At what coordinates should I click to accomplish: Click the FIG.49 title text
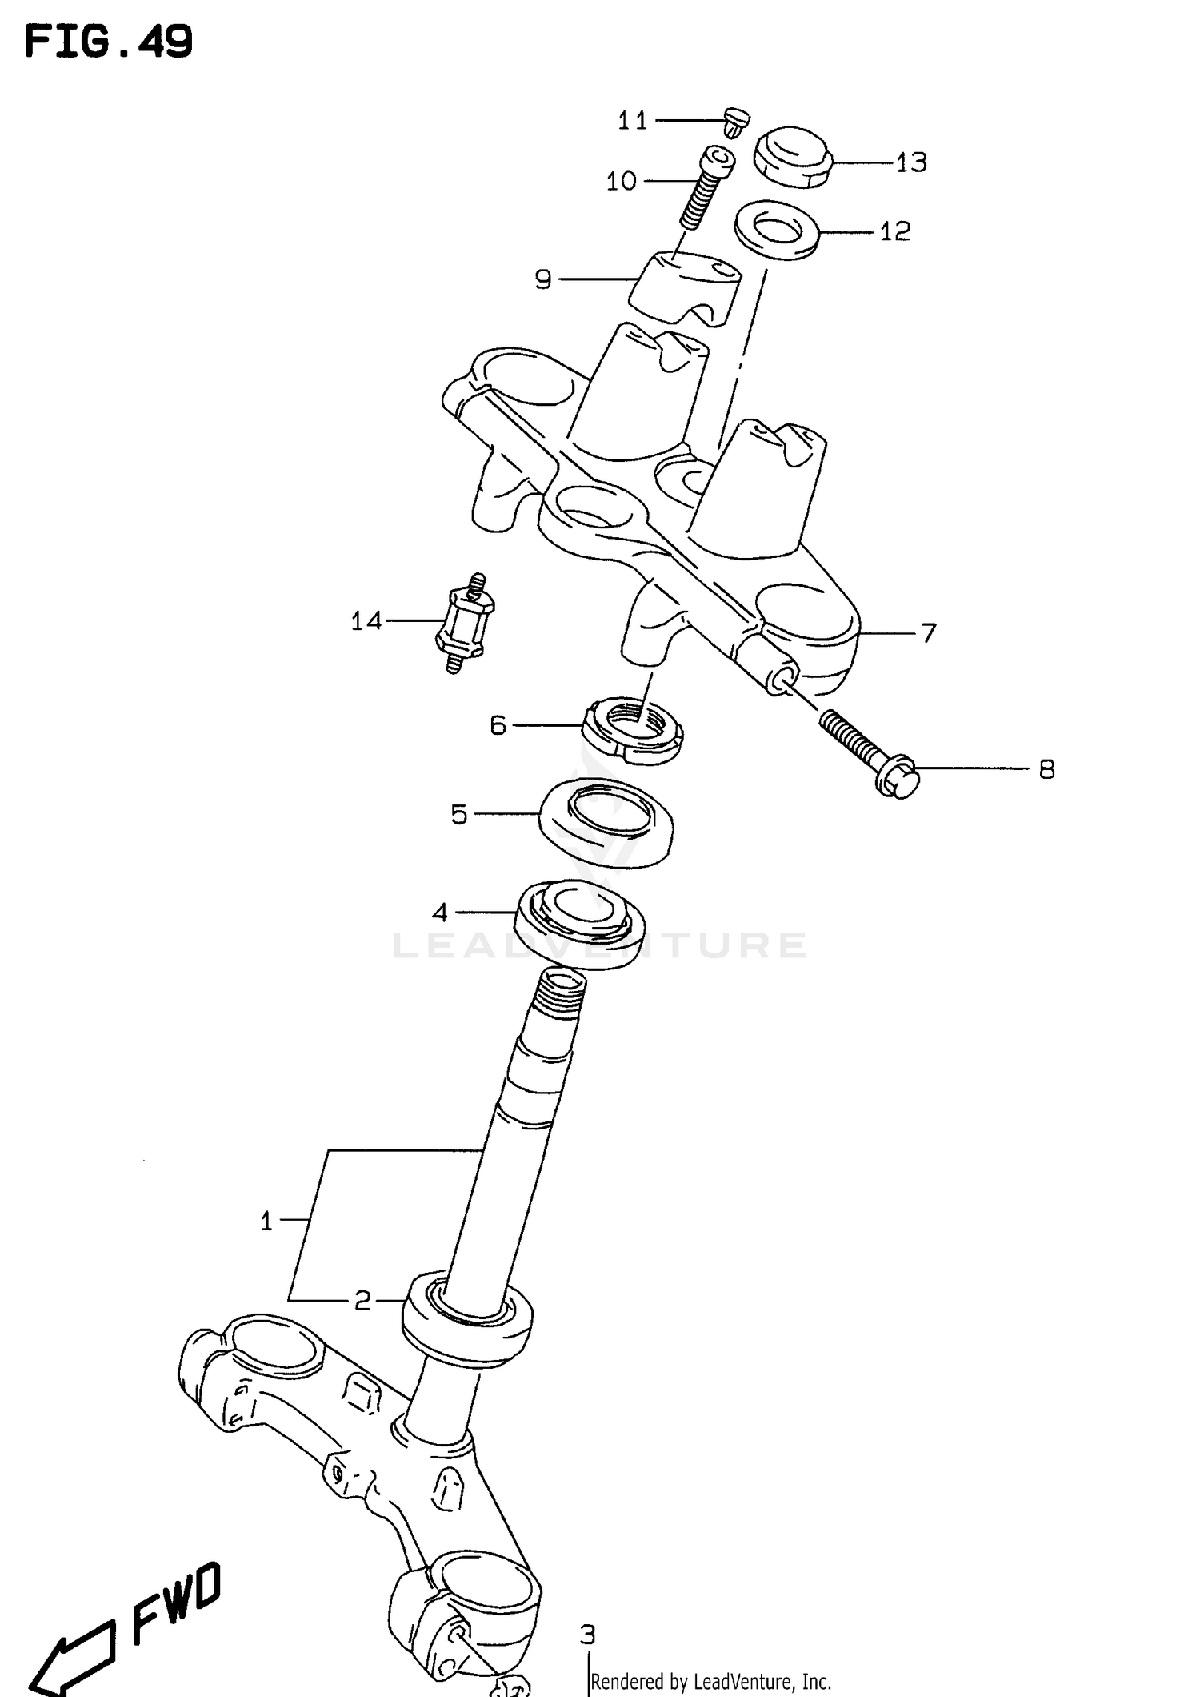109,42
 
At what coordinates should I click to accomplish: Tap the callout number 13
910,163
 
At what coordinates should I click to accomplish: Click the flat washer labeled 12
776,230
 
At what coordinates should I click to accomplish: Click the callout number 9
543,280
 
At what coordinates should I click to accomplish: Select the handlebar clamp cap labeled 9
685,291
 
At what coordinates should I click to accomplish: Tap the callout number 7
928,633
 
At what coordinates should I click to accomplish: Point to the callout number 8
1046,770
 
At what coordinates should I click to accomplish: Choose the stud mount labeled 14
465,624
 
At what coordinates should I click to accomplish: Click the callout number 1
266,1221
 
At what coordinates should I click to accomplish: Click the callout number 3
587,1633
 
